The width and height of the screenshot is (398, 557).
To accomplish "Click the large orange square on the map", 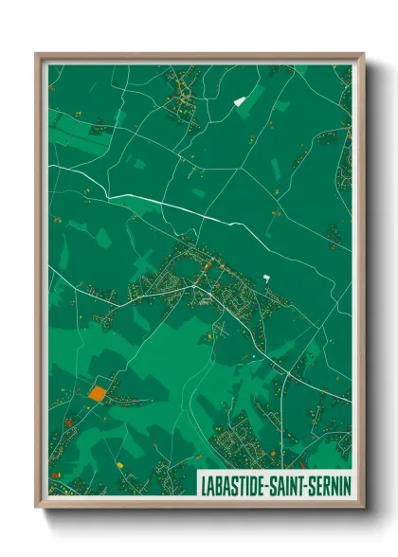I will coord(97,391).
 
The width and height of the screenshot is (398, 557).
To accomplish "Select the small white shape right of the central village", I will coord(266,278).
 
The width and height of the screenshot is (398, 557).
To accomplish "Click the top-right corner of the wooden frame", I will coord(363,54).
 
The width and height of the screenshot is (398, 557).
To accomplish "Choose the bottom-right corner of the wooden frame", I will coord(363,507).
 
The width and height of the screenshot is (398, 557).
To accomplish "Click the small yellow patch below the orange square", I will coord(119,465).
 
